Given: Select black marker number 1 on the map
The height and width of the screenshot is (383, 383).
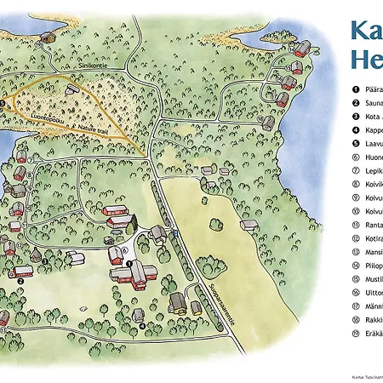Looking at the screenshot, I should pos(129,265).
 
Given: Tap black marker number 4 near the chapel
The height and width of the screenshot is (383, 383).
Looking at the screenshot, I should pos(140,324).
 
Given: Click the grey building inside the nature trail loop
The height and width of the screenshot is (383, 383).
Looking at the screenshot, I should pos(72,89).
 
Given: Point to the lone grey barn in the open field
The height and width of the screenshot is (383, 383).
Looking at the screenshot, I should pos(249,226).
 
